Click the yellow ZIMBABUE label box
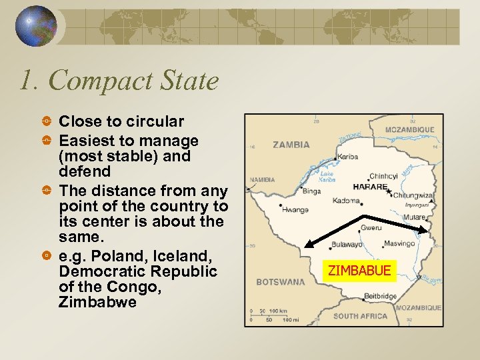359,271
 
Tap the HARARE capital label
370,187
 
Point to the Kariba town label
347,157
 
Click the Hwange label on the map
295,209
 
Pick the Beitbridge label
380,295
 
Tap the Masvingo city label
399,244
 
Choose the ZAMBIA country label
291,144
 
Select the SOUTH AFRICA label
361,316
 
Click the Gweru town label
371,228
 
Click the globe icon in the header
37,27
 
